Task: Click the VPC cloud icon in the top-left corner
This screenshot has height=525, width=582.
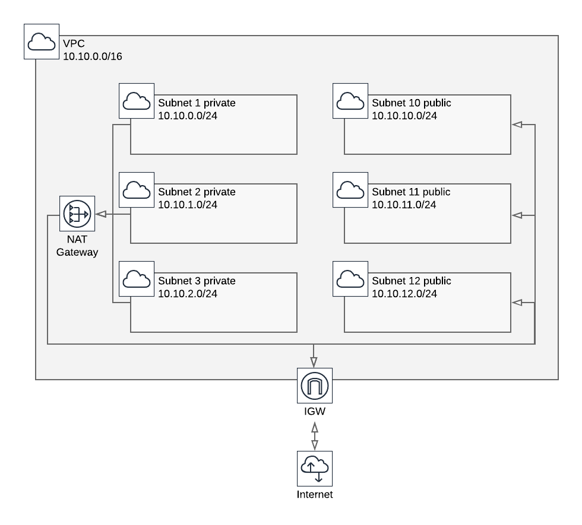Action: (42, 42)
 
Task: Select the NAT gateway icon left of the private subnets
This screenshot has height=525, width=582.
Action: (77, 214)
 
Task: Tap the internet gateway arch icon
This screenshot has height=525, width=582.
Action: (315, 386)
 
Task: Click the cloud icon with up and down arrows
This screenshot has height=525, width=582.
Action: (315, 469)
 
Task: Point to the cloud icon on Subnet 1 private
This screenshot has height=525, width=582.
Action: (137, 101)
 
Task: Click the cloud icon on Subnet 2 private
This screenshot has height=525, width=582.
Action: (137, 190)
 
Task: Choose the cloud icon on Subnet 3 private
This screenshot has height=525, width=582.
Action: (137, 279)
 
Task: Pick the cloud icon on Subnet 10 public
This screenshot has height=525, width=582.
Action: (350, 101)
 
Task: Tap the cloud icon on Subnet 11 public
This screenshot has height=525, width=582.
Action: (350, 190)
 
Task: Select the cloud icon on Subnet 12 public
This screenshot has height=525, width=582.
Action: (350, 279)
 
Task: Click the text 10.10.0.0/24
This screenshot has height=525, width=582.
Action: (188, 116)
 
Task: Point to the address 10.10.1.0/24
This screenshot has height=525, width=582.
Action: (188, 205)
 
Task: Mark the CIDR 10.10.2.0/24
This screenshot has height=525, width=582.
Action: (188, 294)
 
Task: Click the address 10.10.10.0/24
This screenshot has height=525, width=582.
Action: (404, 116)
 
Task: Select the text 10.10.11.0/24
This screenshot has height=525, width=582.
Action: (404, 205)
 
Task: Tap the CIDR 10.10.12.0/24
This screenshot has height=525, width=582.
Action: (404, 294)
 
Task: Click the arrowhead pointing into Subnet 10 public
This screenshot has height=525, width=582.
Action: (517, 125)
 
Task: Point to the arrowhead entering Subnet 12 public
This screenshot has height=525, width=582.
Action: (517, 303)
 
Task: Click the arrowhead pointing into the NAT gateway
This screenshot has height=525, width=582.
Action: (100, 214)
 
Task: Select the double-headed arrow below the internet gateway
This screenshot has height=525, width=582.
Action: (315, 436)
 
